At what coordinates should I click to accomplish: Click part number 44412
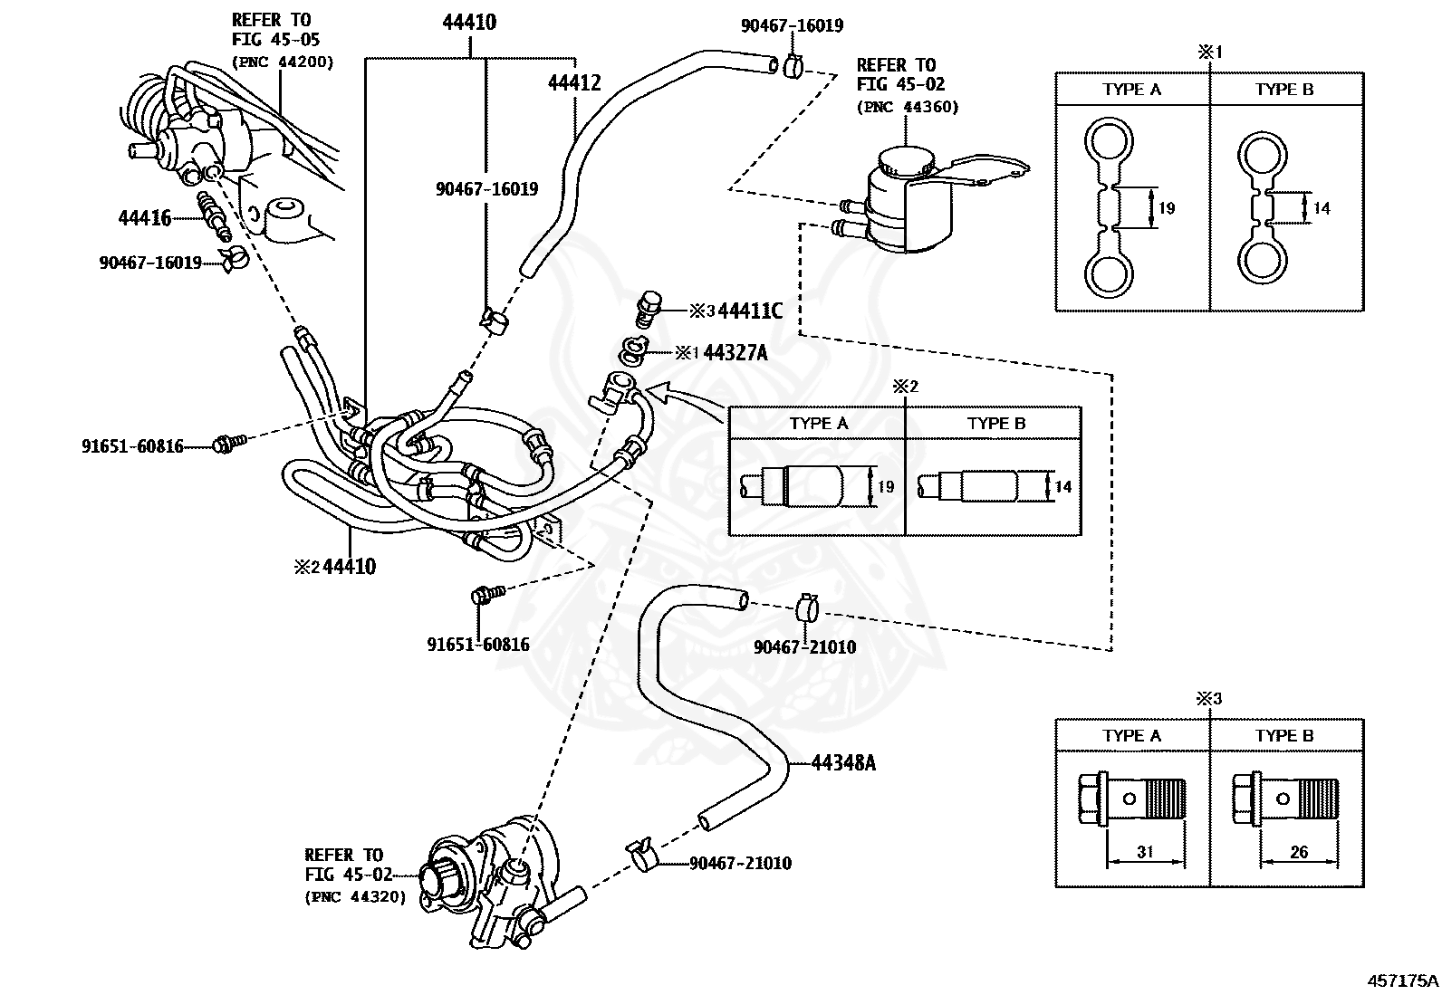[x=573, y=83]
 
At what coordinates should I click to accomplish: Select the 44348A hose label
[x=842, y=763]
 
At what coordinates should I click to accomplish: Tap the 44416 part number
[x=144, y=218]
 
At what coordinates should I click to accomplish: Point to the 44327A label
[x=735, y=353]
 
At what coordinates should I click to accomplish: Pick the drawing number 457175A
[x=1402, y=980]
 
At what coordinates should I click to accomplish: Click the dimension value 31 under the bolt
[x=1145, y=852]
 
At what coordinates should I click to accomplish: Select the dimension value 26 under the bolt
[x=1298, y=852]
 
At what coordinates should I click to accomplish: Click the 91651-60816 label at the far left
[x=132, y=445]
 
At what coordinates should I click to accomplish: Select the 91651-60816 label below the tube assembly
[x=477, y=645]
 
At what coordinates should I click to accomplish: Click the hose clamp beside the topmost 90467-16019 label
[x=793, y=65]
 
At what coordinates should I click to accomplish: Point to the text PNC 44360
[x=907, y=107]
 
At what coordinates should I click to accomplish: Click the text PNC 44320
[x=355, y=896]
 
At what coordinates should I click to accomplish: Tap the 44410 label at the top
[x=469, y=23]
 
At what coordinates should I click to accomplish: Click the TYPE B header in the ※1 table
[x=1283, y=90]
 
